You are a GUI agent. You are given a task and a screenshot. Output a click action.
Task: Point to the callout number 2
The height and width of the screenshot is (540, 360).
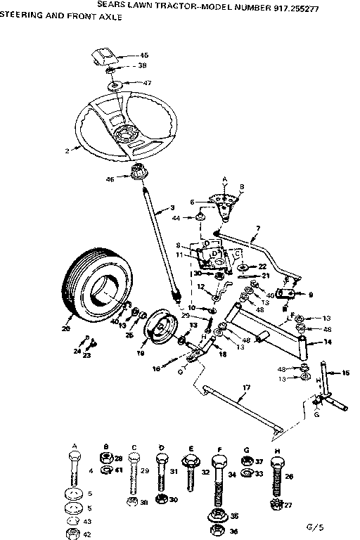click(x=65, y=150)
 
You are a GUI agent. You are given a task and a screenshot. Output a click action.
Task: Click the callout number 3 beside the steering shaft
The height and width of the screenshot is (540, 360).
click(x=173, y=208)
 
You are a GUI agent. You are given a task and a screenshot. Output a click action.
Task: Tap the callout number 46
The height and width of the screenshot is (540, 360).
click(x=110, y=179)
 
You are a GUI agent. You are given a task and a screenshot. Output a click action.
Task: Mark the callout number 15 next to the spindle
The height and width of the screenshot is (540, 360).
click(x=345, y=373)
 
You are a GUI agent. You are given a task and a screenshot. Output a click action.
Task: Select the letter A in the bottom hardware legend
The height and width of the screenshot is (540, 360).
click(x=75, y=445)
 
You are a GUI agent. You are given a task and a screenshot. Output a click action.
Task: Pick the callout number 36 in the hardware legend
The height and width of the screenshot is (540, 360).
click(x=235, y=532)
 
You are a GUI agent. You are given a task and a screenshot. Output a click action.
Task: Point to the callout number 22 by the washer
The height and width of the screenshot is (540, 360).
click(x=262, y=266)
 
